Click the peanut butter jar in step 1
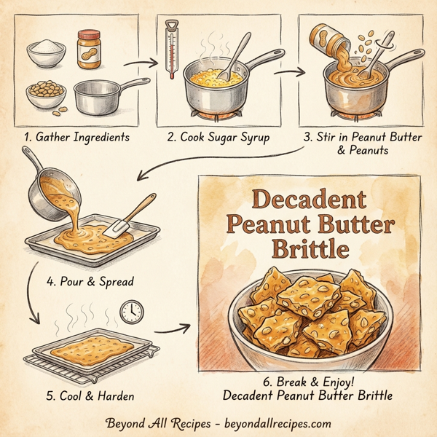point(89,50)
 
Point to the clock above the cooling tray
point(132,312)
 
